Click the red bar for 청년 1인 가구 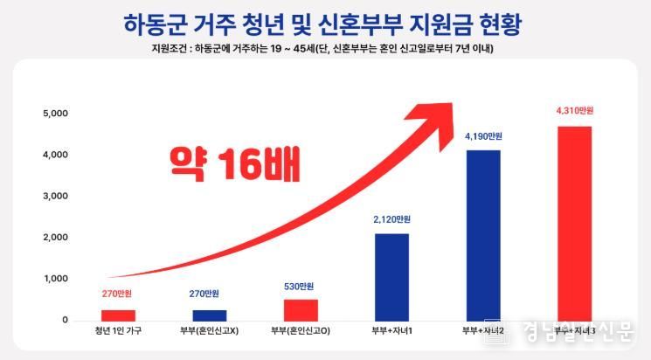118,315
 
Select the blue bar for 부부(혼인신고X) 209,315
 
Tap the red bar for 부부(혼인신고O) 301,310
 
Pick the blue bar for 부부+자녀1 391,277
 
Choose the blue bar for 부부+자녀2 483,235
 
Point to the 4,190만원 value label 483,135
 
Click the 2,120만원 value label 391,219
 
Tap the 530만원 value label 301,286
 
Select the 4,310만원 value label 574,111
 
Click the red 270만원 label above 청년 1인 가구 118,294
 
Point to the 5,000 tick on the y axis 55,114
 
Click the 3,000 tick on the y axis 55,197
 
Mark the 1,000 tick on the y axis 55,280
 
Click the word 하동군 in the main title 160,21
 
